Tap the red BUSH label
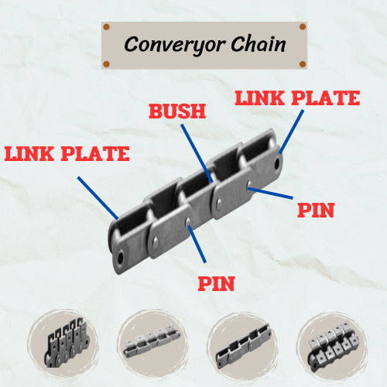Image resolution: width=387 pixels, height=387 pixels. (177, 111)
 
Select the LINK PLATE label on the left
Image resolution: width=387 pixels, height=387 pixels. (67, 153)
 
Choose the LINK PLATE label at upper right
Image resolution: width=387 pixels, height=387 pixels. (297, 98)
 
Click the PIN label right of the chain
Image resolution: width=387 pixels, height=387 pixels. (315, 210)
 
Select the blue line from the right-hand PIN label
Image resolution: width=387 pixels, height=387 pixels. (272, 191)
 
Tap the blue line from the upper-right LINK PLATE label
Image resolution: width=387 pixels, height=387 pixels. (290, 132)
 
